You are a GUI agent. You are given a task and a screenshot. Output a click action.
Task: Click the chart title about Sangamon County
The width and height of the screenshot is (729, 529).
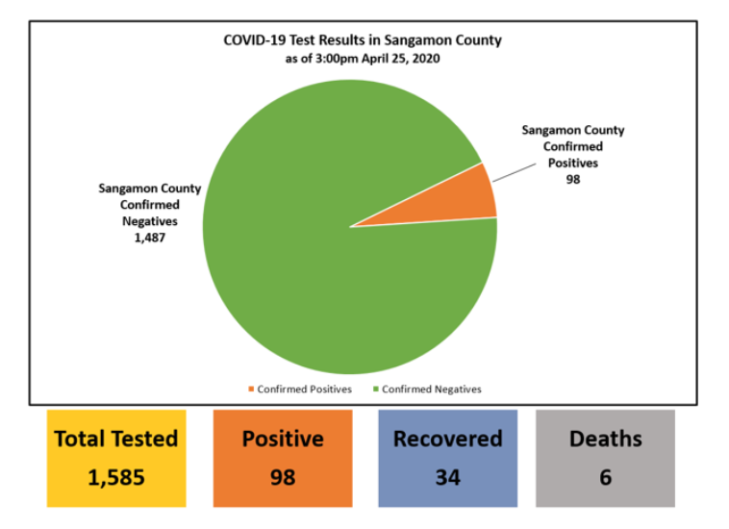(x=363, y=40)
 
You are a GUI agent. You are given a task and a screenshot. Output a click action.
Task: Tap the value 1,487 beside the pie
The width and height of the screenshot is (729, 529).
(x=149, y=238)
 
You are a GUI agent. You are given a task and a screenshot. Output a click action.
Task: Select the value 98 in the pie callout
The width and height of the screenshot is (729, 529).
(x=573, y=178)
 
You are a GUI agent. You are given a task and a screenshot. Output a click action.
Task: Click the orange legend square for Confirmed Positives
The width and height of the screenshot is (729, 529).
(x=252, y=390)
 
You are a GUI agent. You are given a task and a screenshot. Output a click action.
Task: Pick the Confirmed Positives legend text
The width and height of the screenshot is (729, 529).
(x=305, y=390)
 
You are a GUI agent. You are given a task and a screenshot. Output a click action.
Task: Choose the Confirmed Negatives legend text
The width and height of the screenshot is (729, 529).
(x=432, y=390)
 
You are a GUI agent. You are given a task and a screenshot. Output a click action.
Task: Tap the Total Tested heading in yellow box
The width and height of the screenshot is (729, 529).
(x=116, y=440)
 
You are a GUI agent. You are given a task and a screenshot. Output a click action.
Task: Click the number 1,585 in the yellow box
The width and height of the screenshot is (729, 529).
(x=116, y=477)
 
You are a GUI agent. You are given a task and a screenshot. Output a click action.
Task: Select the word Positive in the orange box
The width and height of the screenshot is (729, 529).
(x=282, y=440)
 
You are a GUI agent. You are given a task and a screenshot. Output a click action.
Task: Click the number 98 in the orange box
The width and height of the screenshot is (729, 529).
(x=282, y=477)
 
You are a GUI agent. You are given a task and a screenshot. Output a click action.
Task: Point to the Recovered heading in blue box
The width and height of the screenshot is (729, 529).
(x=447, y=440)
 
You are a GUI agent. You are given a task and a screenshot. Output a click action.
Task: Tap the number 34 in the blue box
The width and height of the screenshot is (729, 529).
(x=447, y=477)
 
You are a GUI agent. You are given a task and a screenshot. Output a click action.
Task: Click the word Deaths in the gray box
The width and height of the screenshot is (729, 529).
(x=605, y=440)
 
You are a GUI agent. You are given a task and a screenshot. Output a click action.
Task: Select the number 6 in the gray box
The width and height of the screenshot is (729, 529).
(x=605, y=477)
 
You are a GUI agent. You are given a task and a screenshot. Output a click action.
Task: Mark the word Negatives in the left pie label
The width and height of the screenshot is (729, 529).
(x=149, y=221)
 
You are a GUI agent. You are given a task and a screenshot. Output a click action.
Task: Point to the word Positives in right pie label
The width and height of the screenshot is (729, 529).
(x=573, y=163)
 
